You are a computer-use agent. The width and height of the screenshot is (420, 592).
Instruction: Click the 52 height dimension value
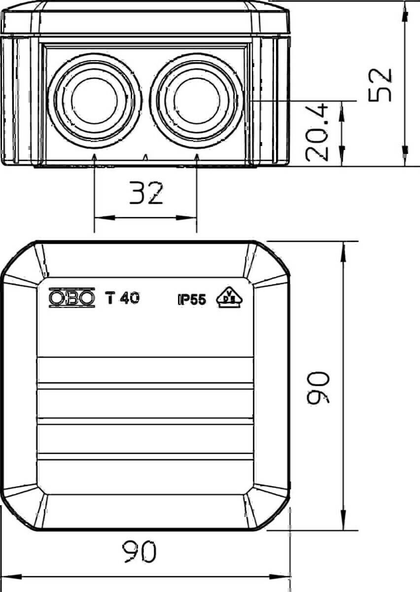[x=380, y=84]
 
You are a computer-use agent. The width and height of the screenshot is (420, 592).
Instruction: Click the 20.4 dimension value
[x=316, y=132]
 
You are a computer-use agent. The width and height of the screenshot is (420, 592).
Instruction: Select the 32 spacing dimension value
[x=146, y=193]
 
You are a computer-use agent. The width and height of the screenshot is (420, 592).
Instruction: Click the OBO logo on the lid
[x=72, y=298]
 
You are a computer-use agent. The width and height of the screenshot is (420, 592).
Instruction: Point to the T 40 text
[x=122, y=298]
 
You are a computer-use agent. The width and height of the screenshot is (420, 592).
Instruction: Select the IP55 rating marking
[x=192, y=300]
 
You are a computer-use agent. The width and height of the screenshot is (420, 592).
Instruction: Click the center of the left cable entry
[x=94, y=101]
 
